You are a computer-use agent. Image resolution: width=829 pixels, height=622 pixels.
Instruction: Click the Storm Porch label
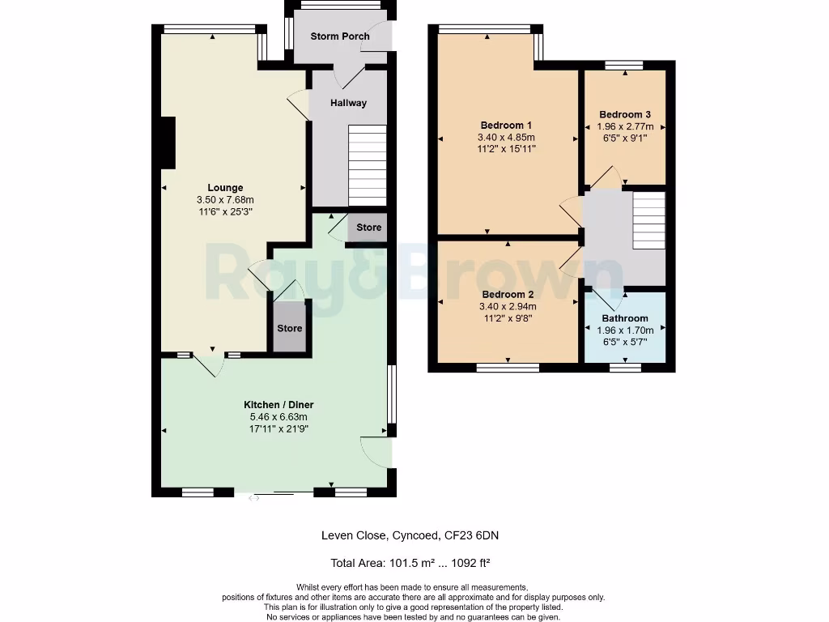[x=340, y=36]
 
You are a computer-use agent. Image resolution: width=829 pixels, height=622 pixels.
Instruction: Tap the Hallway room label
[x=348, y=103]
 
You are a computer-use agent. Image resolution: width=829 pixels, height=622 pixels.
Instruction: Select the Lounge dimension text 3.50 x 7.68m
[x=225, y=200]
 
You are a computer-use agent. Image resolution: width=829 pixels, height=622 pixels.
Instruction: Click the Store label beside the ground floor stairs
[x=368, y=228]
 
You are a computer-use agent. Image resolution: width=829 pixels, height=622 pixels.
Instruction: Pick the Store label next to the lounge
[x=290, y=329]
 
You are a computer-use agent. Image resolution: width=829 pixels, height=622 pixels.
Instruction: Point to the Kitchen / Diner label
[x=278, y=405]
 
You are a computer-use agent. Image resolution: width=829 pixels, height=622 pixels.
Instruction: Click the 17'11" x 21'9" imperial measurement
[x=278, y=429]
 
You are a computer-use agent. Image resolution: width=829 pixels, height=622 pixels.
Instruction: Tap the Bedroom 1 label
[x=506, y=126]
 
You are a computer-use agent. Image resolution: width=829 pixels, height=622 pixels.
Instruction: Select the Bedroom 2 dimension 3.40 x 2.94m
[x=508, y=307]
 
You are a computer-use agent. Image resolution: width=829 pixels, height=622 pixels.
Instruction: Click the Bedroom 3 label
[x=625, y=115]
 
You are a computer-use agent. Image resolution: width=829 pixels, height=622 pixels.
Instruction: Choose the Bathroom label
[x=625, y=318]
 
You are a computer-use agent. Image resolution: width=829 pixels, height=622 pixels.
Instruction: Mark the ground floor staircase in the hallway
[x=368, y=165]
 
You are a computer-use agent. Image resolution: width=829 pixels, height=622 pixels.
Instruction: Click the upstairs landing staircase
[x=649, y=220]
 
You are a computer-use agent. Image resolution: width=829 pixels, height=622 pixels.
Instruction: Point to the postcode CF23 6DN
[x=471, y=535]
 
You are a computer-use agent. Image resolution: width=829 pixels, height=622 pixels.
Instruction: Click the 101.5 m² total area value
[x=412, y=563]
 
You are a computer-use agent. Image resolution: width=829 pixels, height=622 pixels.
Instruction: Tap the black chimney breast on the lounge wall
[x=168, y=143]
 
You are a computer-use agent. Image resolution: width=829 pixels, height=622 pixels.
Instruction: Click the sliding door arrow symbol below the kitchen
[x=253, y=498]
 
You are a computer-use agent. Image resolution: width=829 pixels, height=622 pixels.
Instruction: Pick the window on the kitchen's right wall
[x=392, y=394]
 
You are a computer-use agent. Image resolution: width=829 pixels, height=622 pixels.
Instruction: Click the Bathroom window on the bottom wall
[x=626, y=367]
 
